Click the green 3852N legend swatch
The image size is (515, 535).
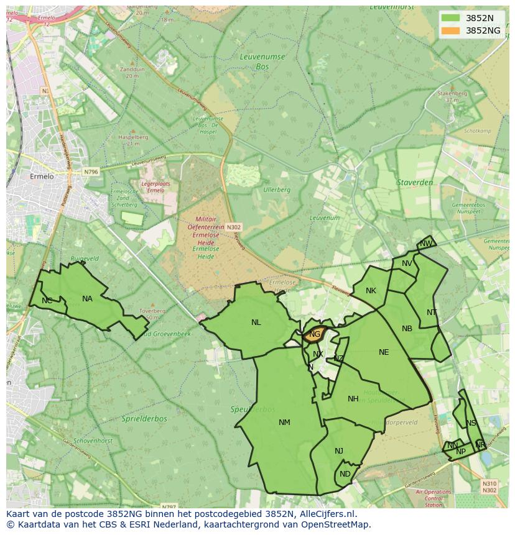click(x=450, y=18)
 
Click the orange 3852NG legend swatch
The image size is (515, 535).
click(x=450, y=30)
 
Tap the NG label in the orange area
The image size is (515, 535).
click(x=315, y=334)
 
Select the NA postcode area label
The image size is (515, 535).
click(x=87, y=299)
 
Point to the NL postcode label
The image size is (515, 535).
click(x=256, y=322)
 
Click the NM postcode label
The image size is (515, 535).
click(x=284, y=423)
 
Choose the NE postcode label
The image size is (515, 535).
click(x=384, y=352)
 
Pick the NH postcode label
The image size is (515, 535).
click(x=353, y=399)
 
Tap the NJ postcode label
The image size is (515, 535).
click(x=339, y=451)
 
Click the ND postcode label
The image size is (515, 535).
click(x=345, y=474)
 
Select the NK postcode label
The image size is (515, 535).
click(x=371, y=291)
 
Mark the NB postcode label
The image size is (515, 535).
click(x=407, y=329)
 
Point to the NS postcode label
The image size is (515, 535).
click(x=471, y=423)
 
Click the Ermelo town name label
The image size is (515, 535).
click(x=42, y=176)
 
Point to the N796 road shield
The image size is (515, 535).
click(x=91, y=171)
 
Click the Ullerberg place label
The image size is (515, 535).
click(x=277, y=190)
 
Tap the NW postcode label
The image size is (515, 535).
click(x=425, y=244)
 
